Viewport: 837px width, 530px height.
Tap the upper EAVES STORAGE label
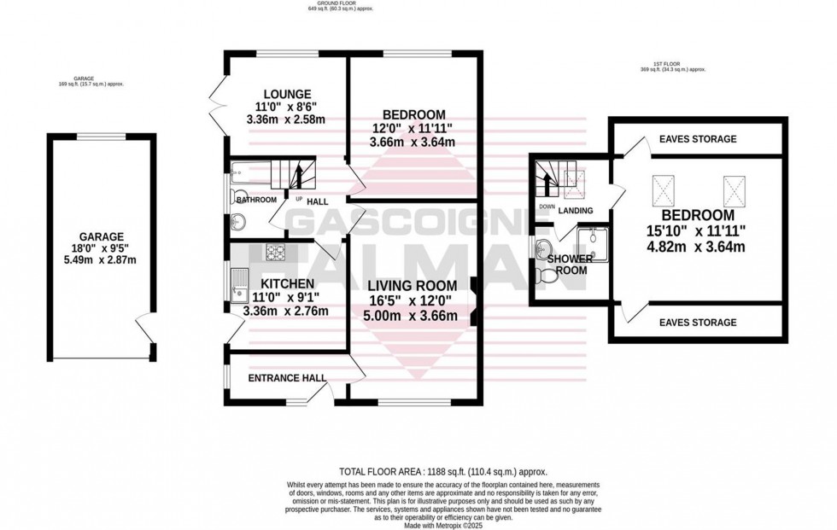tap(698, 138)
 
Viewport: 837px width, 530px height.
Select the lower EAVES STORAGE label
tap(698, 323)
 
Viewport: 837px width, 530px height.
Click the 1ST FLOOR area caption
tap(673, 69)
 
